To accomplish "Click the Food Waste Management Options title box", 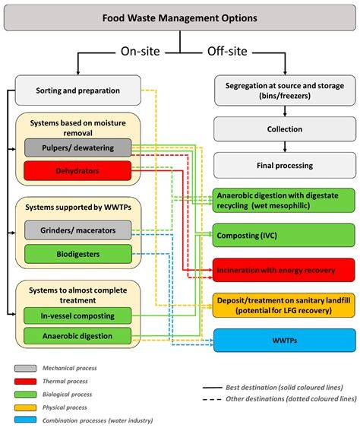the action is coord(180,18).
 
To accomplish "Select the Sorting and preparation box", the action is coord(78,90).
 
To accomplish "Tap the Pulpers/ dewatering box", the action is coord(78,147).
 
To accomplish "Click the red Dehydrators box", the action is coord(77,171).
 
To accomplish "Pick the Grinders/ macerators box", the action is coord(78,230).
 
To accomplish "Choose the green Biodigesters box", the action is coord(78,254).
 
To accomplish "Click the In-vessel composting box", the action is coord(77,315).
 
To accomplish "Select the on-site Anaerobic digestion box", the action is coord(77,336).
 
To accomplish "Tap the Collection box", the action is coord(285,129).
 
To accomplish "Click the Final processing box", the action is coord(285,166).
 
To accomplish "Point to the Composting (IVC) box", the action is coord(283,236).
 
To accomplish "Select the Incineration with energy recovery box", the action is coord(283,270).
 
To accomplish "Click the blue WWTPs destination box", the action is coord(285,341).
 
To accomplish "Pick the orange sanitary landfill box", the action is coord(283,306).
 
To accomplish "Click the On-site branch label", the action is coord(141,52).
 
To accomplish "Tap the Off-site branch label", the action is coord(227,52).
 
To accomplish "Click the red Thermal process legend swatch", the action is coord(25,382).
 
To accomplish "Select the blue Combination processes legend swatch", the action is coord(25,420).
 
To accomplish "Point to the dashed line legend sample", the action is coord(212,399).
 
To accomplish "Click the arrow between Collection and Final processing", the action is coord(285,147).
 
